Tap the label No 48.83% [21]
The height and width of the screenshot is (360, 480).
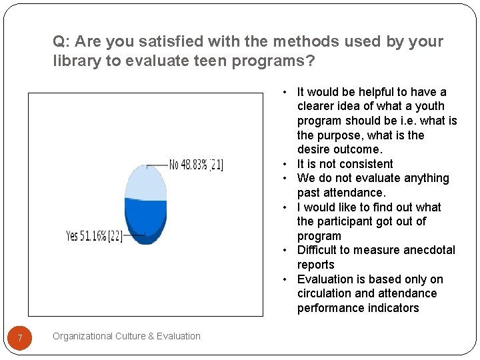tap(196, 165)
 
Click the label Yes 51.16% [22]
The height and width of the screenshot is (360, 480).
tap(94, 237)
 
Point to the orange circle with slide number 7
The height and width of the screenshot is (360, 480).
tap(21, 339)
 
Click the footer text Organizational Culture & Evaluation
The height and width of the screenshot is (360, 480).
tap(127, 336)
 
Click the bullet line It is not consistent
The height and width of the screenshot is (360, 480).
tap(345, 164)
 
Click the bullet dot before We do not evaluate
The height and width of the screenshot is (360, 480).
tap(284, 179)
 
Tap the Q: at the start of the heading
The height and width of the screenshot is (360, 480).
tap(61, 41)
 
